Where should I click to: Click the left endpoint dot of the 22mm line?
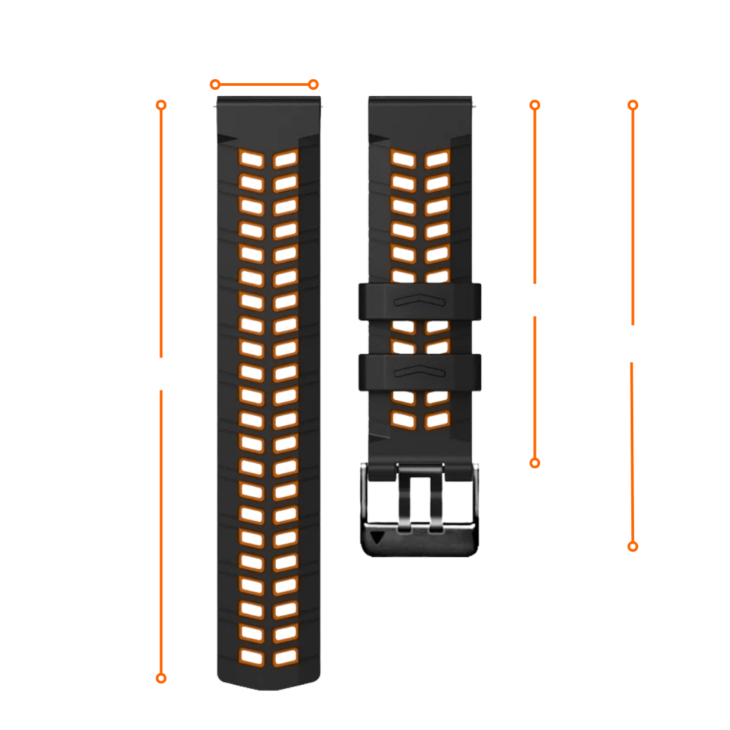(215, 84)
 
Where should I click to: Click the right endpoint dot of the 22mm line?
(313, 84)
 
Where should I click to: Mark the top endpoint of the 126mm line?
(161, 105)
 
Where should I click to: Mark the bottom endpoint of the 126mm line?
(161, 678)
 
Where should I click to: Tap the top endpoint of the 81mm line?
(535, 105)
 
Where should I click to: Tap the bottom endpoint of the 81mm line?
(535, 463)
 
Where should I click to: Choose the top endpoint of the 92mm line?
(633, 105)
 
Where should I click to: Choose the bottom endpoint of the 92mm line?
(633, 546)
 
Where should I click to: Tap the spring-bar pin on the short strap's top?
(477, 105)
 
